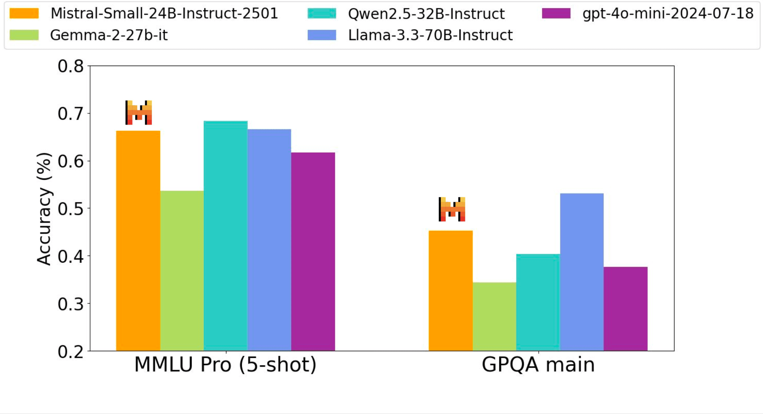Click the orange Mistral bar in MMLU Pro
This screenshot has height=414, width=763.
coord(138,240)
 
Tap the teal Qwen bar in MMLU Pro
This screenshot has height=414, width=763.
coord(225,236)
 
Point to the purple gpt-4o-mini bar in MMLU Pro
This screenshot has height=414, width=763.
coord(313,252)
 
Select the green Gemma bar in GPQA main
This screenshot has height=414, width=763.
coord(494,316)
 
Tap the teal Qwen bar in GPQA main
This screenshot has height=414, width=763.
coord(538,302)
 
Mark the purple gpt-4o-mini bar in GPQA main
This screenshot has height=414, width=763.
coord(625,309)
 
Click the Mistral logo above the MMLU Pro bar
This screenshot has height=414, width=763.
coord(138,113)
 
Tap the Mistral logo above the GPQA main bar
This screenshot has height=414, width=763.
coord(452,209)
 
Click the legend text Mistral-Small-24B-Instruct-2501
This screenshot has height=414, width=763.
coord(164,14)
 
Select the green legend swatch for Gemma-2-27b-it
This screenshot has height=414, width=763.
coord(24,35)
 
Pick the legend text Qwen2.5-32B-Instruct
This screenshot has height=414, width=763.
coord(426,14)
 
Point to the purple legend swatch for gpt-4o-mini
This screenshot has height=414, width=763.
coord(556,14)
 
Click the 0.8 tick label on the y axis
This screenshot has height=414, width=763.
coord(71,66)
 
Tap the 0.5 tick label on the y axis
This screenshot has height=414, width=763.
coord(71,209)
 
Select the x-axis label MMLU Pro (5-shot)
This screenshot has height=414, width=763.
coord(225,365)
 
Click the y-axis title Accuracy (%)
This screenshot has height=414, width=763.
coord(44,209)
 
